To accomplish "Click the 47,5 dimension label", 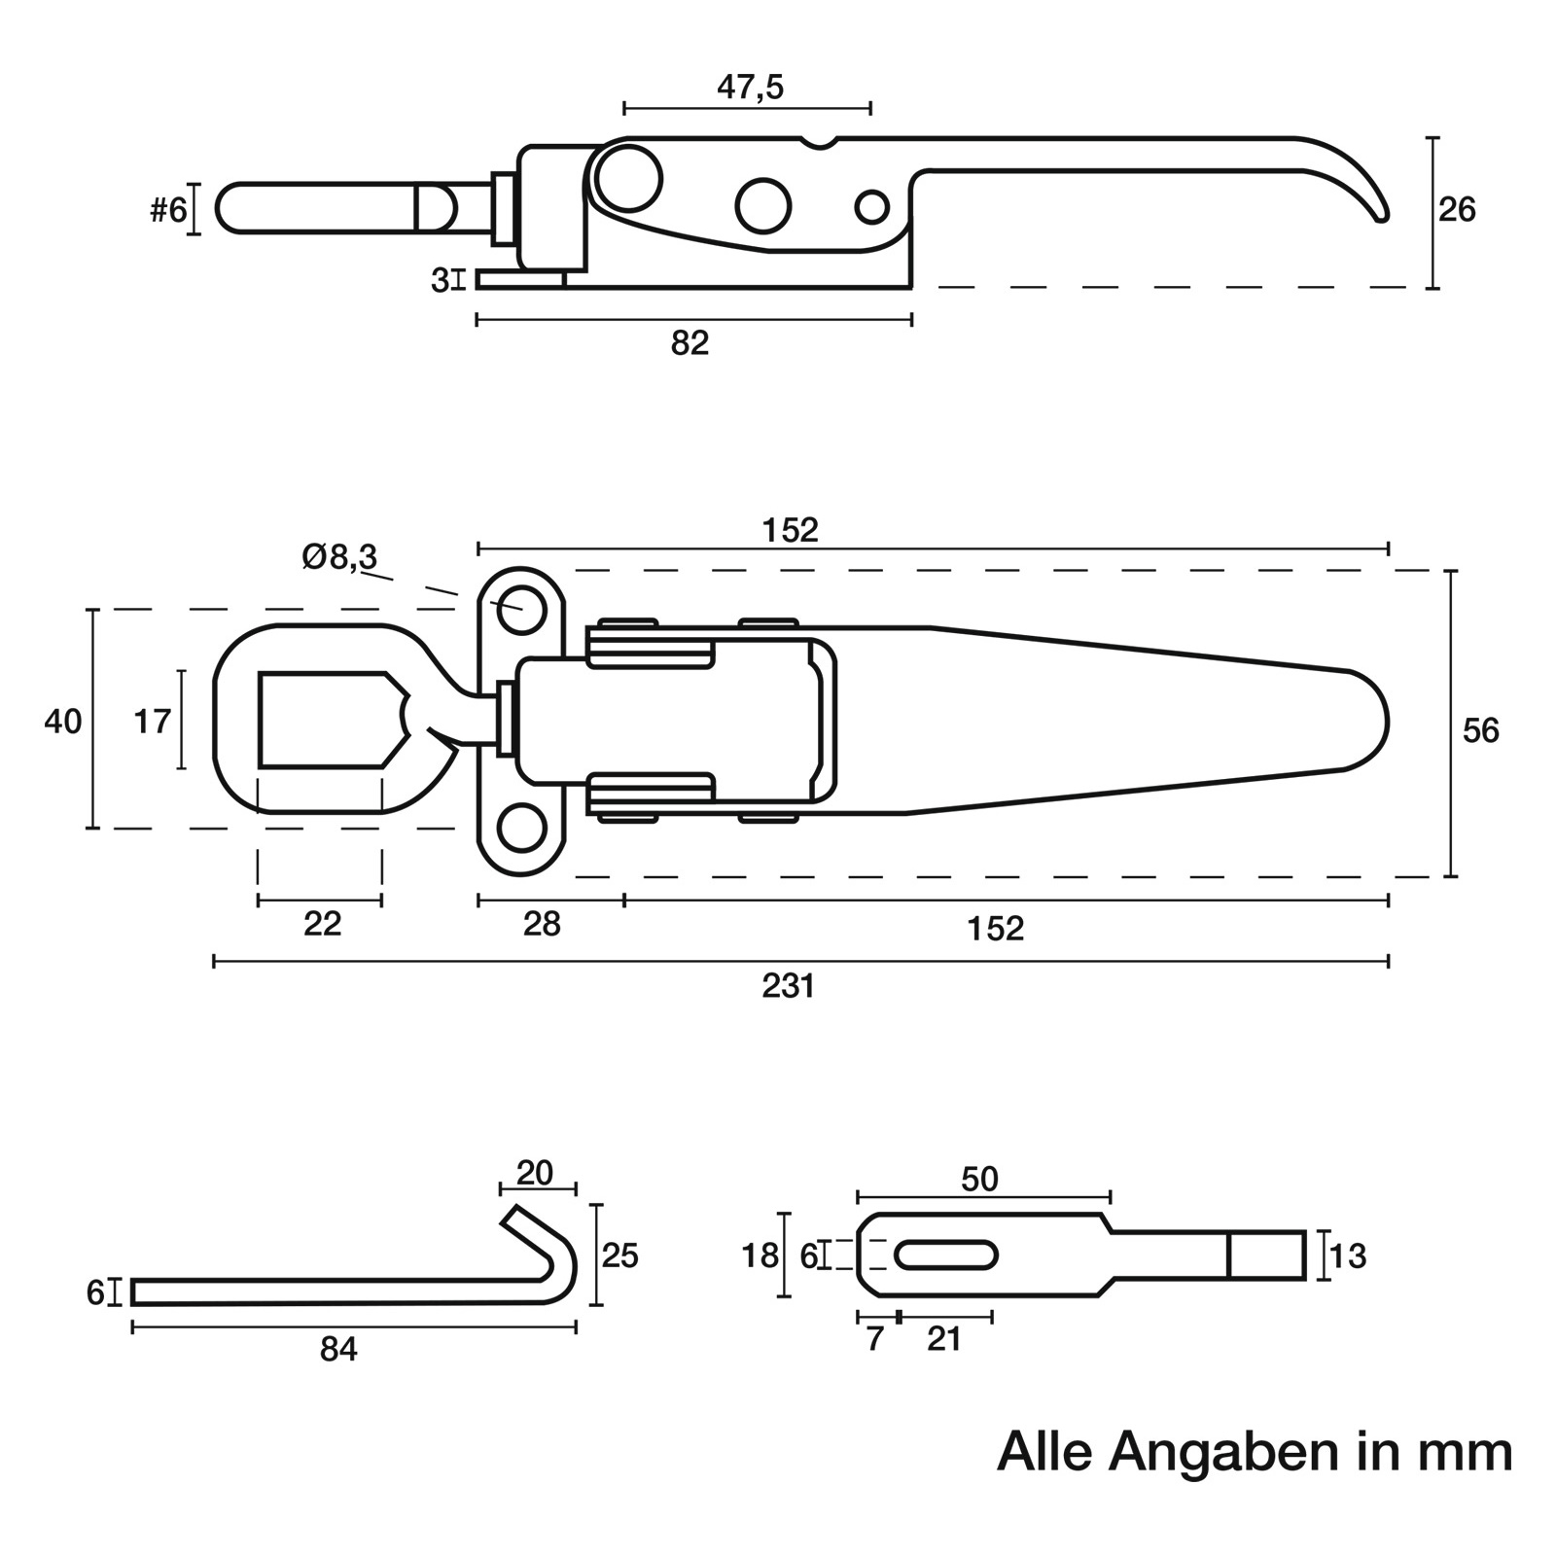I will pyautogui.click(x=750, y=88).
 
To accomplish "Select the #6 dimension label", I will pyautogui.click(x=167, y=209).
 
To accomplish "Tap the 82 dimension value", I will pyautogui.click(x=690, y=343).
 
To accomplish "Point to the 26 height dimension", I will pyautogui.click(x=1457, y=210).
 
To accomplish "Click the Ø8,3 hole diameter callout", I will pyautogui.click(x=339, y=557).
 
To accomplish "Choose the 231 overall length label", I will pyautogui.click(x=788, y=987).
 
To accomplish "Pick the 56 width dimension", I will pyautogui.click(x=1480, y=730).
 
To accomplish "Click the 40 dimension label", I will pyautogui.click(x=63, y=722).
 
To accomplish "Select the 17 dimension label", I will pyautogui.click(x=152, y=722).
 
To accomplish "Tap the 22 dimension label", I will pyautogui.click(x=322, y=924).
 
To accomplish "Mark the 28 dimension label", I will pyautogui.click(x=542, y=924).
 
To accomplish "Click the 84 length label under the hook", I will pyautogui.click(x=338, y=1350).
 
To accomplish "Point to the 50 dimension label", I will pyautogui.click(x=979, y=1180).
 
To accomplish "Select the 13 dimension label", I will pyautogui.click(x=1348, y=1256).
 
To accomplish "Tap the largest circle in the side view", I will pyautogui.click(x=629, y=178).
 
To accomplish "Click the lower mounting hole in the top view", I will pyautogui.click(x=521, y=829).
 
